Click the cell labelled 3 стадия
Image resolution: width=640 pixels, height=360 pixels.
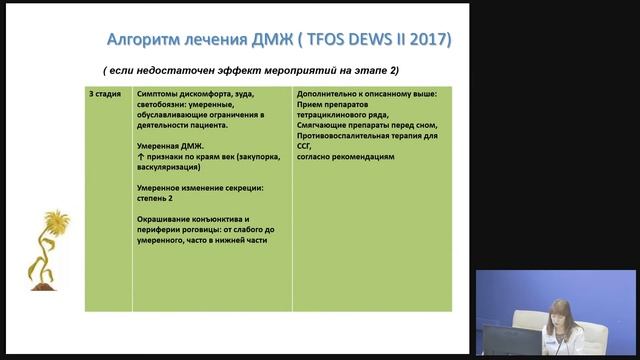tap(104, 94)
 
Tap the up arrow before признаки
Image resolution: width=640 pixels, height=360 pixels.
tap(139, 157)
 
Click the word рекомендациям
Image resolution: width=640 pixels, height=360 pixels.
tap(367, 157)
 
